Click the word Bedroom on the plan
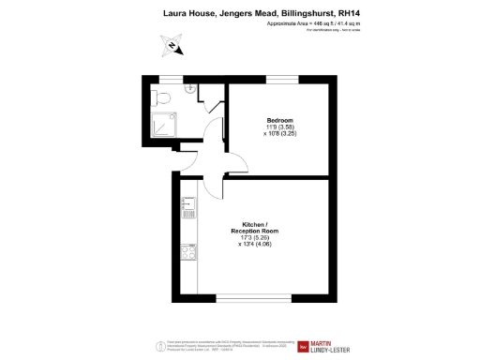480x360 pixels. point(279,120)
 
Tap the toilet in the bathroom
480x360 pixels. point(163,97)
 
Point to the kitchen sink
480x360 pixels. point(187,203)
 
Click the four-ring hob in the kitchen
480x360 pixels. point(187,252)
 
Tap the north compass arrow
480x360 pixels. point(172,43)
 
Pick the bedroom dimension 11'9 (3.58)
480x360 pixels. point(280,127)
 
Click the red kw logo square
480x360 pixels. point(303,348)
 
